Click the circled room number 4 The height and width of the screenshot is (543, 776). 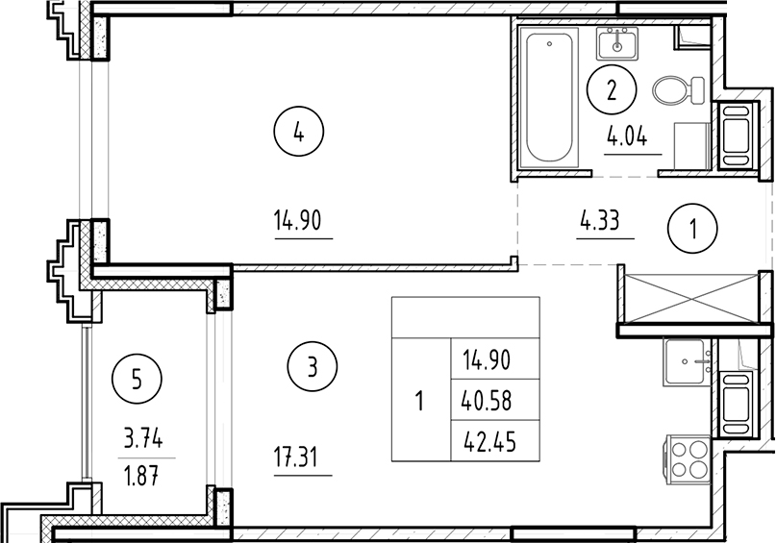tap(299, 135)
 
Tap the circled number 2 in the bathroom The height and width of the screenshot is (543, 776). tap(612, 92)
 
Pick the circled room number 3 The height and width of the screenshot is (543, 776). tap(313, 365)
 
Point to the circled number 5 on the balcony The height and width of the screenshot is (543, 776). tap(137, 378)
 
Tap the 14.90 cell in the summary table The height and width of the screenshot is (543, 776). tap(486, 360)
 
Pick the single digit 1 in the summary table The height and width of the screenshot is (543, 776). tap(419, 400)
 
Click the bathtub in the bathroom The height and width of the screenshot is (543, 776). tap(549, 97)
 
